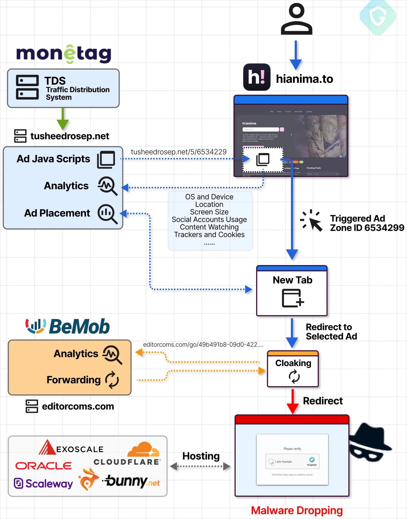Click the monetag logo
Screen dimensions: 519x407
tap(64, 54)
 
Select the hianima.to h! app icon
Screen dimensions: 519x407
tap(257, 77)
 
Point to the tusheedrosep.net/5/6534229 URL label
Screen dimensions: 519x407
tap(179, 152)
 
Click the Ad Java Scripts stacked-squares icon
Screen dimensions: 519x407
tap(106, 160)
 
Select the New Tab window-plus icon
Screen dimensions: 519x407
tap(293, 298)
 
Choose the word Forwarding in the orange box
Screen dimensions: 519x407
tap(74, 380)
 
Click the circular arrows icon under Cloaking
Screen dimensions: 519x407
tap(294, 376)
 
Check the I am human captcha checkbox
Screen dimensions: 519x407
tap(271, 461)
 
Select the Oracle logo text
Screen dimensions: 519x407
tap(43, 466)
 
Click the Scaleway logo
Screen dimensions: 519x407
tap(43, 483)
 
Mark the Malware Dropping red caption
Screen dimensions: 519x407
tap(297, 510)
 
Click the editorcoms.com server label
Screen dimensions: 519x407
tap(78, 406)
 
